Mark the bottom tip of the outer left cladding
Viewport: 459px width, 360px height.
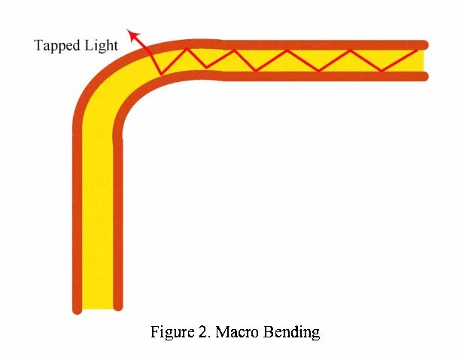coord(77,308)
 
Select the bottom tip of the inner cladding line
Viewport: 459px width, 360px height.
coord(117,306)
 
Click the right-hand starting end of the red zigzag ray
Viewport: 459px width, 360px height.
coord(418,50)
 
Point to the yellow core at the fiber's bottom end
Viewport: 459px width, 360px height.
coord(97,301)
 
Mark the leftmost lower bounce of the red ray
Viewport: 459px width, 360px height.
coord(160,74)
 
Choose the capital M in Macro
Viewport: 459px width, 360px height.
coord(222,331)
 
